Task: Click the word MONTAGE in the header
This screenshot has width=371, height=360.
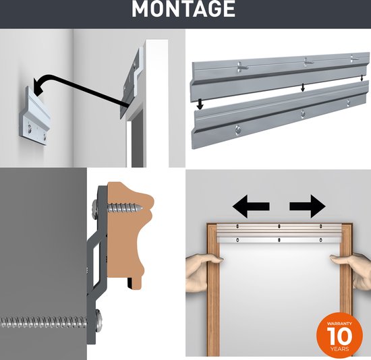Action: click(x=183, y=9)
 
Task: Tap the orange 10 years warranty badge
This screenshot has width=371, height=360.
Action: click(x=339, y=336)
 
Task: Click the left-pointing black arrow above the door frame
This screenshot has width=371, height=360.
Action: click(x=251, y=206)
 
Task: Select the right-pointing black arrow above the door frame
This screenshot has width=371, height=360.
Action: click(x=308, y=206)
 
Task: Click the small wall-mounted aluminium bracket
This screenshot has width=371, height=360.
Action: click(x=35, y=117)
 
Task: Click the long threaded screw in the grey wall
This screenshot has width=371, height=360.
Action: click(x=51, y=322)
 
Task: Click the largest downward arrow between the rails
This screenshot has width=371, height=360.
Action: click(x=200, y=104)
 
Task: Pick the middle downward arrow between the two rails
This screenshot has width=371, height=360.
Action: click(x=302, y=87)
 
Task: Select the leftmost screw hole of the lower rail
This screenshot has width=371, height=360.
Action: click(x=238, y=129)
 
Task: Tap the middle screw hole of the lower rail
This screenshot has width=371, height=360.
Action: click(x=303, y=113)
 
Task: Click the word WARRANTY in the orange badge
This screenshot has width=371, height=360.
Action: click(x=339, y=324)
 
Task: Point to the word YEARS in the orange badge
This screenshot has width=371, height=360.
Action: click(x=340, y=349)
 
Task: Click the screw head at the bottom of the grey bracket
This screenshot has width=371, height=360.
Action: click(x=98, y=322)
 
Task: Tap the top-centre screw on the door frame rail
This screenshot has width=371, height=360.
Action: click(x=279, y=226)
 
